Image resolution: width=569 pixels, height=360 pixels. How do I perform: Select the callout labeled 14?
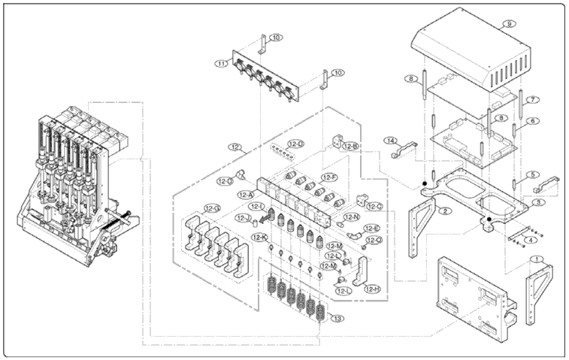click(x=391, y=141)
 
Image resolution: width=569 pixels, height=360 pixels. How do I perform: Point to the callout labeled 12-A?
click(x=246, y=194)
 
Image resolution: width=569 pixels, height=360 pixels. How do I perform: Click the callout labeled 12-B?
click(x=350, y=146)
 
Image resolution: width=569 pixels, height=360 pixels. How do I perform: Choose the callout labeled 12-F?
click(x=328, y=177)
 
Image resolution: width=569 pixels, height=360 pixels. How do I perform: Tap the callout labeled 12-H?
click(x=372, y=289)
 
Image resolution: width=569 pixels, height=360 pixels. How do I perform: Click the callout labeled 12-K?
click(x=260, y=237)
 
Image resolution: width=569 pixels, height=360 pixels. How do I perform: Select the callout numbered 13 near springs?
click(x=337, y=319)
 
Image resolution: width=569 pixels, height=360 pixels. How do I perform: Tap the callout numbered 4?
click(x=531, y=241)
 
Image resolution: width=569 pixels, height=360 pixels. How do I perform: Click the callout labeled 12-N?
click(x=351, y=217)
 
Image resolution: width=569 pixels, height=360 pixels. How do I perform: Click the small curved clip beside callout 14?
click(x=407, y=149)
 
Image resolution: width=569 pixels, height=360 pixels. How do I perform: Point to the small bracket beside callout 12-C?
click(x=363, y=201)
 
